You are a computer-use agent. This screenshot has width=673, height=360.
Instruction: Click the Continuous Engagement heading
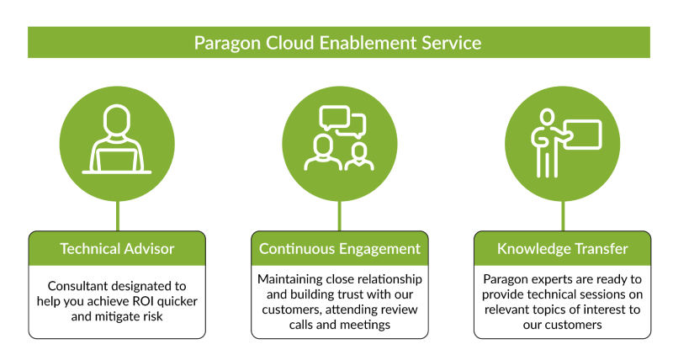coord(339,249)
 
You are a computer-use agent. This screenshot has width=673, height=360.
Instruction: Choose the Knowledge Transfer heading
coord(562,249)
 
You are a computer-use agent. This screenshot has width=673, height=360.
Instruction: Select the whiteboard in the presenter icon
coord(580,135)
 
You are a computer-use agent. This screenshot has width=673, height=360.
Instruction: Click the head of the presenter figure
coord(548,116)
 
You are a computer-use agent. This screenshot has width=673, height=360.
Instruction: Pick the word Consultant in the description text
coord(78,286)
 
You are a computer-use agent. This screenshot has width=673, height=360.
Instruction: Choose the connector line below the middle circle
coord(340,215)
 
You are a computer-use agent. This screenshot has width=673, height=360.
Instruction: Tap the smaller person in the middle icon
coord(360,156)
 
